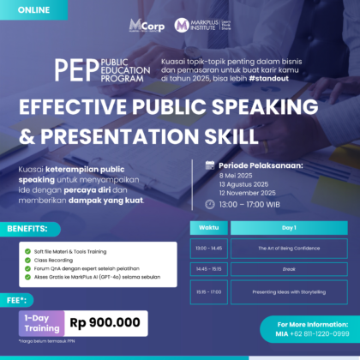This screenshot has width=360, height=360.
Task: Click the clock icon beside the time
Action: [x=210, y=205]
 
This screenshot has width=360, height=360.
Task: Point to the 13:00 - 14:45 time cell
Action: [x=207, y=248]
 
